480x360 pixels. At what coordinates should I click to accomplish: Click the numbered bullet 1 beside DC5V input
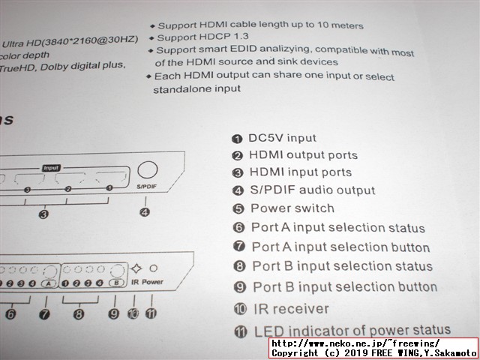pos(237,139)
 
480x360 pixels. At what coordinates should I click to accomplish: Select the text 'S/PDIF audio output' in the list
pos(313,190)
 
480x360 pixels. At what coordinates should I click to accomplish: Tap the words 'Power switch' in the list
pos(292,208)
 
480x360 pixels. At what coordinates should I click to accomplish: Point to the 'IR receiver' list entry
pos(291,309)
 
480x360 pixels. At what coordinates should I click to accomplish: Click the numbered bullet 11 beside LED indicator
pos(241,331)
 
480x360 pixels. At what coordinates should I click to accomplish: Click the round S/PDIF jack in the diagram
pos(148,169)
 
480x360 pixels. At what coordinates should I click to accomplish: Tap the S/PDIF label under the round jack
pos(147,187)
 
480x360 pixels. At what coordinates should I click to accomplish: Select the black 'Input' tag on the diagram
pos(51,168)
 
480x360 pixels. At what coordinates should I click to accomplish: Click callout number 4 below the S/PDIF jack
pos(145,211)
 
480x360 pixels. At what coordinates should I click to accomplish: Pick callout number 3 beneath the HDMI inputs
pos(43,214)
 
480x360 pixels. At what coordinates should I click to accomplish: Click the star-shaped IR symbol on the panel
pos(136,268)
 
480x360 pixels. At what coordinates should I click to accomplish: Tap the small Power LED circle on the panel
pos(153,268)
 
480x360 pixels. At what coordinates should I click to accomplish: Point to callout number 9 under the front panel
pos(113,313)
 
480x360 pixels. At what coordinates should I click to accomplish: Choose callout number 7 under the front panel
pos(44,314)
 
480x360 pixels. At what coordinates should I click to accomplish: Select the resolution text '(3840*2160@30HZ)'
pos(90,40)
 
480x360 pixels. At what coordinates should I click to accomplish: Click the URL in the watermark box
pos(355,343)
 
